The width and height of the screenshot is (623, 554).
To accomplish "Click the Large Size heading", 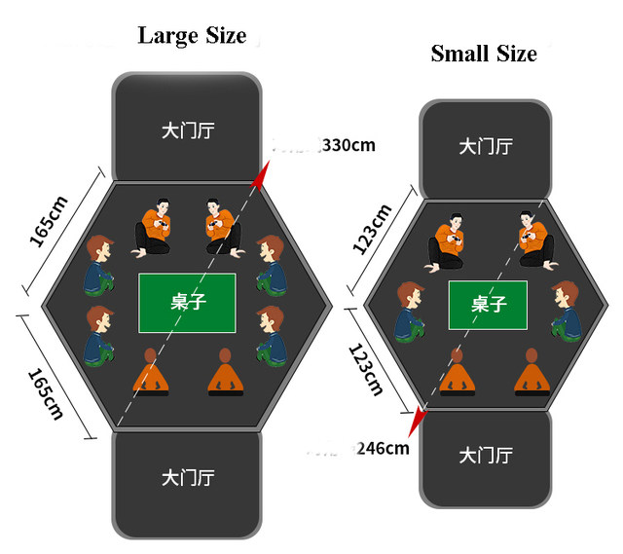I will coord(191,36).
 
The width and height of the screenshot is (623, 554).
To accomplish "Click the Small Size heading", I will coord(484,54).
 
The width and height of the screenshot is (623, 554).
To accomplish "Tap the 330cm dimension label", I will coord(348,146).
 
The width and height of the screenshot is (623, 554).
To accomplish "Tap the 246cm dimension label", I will coord(383,449).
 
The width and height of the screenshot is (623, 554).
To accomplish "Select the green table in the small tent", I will coord(488,305).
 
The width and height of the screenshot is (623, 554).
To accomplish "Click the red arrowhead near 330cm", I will coord(259,176).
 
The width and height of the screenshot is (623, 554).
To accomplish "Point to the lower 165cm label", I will coord(47,392).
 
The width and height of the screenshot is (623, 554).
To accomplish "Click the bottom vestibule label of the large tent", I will coord(187,478).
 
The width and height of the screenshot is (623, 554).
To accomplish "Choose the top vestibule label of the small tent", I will coord(485,146).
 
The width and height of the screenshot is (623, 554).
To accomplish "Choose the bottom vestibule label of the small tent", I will coord(485,455).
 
